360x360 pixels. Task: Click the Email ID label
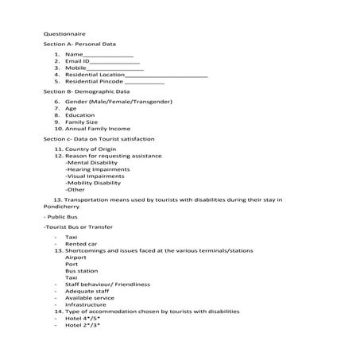[x=78, y=61]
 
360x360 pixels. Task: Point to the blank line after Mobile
[x=110, y=68]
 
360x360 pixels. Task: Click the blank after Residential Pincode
[x=144, y=82]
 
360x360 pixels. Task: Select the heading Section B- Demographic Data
[x=86, y=92]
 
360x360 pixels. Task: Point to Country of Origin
[x=91, y=149]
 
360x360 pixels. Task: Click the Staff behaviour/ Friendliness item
[x=106, y=284]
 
